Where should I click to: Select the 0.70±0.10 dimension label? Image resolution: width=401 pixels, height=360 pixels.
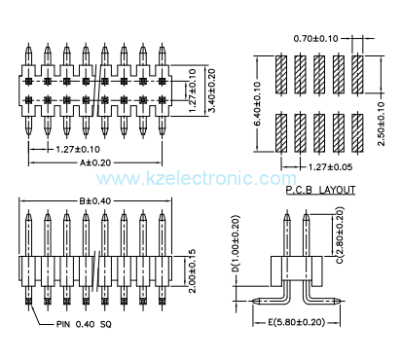315,39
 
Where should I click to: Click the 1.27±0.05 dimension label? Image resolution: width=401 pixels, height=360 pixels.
317,166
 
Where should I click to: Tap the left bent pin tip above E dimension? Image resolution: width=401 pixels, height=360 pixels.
254,300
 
